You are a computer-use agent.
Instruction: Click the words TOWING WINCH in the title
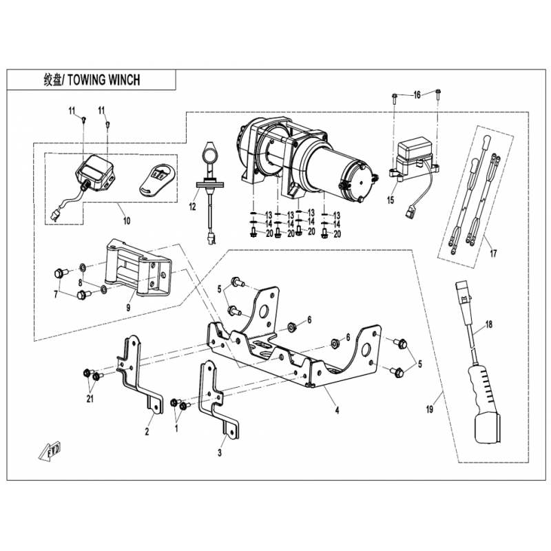104,80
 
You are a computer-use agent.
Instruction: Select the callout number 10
127,220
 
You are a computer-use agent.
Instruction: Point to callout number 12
192,207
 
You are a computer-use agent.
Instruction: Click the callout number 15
391,200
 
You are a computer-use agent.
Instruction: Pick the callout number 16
417,95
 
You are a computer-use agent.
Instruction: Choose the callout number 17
493,253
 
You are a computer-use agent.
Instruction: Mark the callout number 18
489,324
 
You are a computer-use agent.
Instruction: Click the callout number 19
429,409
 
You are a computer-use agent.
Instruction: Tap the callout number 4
337,410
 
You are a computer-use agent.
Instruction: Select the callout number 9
128,307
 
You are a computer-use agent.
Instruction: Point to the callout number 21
90,399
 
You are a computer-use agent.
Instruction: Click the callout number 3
220,453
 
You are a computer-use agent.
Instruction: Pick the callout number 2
147,431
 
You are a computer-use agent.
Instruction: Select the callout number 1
176,428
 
